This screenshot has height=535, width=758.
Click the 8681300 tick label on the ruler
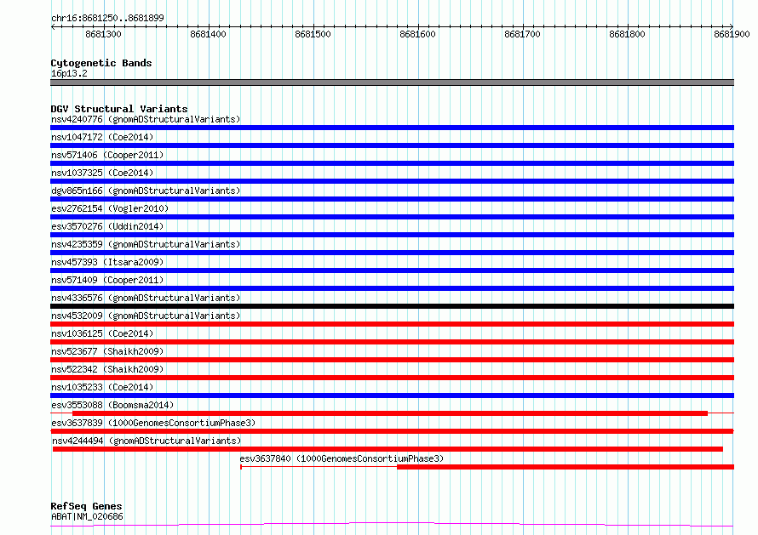click(x=103, y=34)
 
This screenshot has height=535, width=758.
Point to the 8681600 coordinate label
click(x=417, y=34)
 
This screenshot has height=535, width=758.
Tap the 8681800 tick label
click(x=627, y=34)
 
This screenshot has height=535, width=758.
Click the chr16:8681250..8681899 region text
click(x=107, y=18)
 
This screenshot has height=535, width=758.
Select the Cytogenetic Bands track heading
click(x=101, y=63)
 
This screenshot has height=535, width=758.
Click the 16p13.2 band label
click(x=69, y=73)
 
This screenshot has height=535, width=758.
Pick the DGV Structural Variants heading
click(x=119, y=109)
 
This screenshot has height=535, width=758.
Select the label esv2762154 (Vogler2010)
click(x=110, y=208)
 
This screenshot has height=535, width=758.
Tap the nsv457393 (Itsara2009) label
click(x=107, y=262)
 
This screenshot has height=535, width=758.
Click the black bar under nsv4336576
click(x=392, y=306)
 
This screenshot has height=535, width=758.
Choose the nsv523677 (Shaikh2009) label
click(x=107, y=351)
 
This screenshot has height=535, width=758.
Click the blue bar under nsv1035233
click(x=392, y=396)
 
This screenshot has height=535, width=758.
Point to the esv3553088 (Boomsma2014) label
click(x=112, y=405)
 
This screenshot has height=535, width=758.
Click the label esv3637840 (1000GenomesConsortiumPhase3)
click(x=342, y=458)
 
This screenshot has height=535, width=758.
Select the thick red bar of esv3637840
click(x=566, y=467)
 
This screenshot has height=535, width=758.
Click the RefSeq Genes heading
click(x=86, y=506)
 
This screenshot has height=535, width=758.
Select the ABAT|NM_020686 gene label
click(x=87, y=516)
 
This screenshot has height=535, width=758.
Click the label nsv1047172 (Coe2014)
click(x=102, y=137)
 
